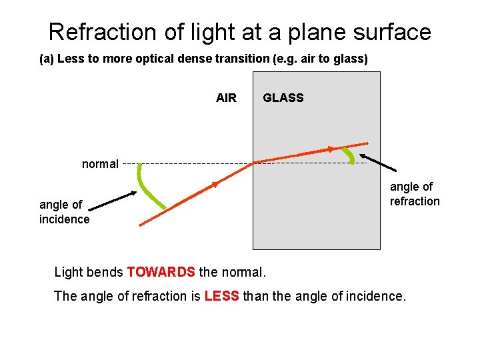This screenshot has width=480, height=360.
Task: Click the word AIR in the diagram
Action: pos(226,98)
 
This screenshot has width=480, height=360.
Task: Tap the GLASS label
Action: pos(283,98)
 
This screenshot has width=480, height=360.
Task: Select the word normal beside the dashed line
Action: pos(100,164)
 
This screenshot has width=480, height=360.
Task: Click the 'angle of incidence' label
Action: pos(64,212)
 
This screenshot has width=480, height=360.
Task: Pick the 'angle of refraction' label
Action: pos(415,194)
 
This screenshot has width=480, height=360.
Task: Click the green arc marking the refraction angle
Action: pos(348,155)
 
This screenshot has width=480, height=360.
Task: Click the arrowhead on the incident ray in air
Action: pos(214,183)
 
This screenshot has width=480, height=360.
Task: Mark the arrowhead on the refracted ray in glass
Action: pos(331,149)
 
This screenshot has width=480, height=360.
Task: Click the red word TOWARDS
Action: pos(161,272)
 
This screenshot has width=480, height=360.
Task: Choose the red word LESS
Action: pos(222,296)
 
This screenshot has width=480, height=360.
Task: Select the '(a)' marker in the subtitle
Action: pos(47,59)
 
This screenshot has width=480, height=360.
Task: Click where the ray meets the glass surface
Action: pos(254,162)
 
